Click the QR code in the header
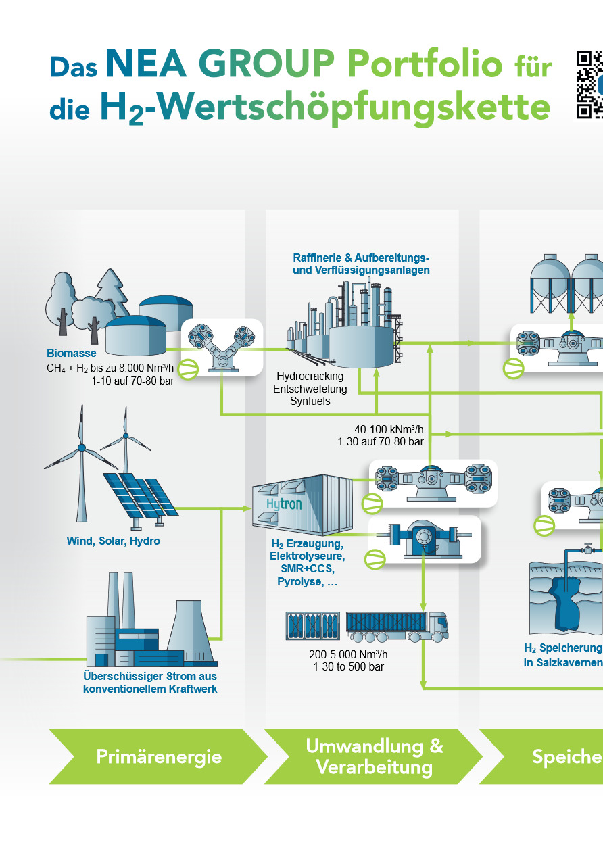[x=589, y=85]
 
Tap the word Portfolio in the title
[x=425, y=66]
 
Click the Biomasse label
[x=72, y=353]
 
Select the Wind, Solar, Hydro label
[x=113, y=541]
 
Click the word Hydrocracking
[x=310, y=376]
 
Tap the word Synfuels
[x=310, y=401]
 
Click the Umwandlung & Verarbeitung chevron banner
[x=374, y=756]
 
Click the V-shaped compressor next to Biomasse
[x=221, y=345]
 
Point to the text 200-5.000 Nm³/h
[x=348, y=654]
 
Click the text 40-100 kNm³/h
[x=389, y=429]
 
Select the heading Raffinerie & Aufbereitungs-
[x=361, y=258]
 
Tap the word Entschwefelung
[x=310, y=389]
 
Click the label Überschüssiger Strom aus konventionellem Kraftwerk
[x=150, y=682]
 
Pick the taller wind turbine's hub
[x=82, y=447]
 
